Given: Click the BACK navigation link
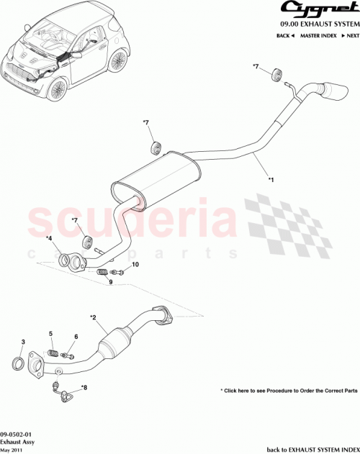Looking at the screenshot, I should click(284, 35).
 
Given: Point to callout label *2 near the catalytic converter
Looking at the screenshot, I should click(93, 317).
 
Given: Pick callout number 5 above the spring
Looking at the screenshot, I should click(51, 333).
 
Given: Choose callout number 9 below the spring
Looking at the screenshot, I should click(111, 282).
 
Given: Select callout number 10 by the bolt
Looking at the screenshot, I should click(135, 265).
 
